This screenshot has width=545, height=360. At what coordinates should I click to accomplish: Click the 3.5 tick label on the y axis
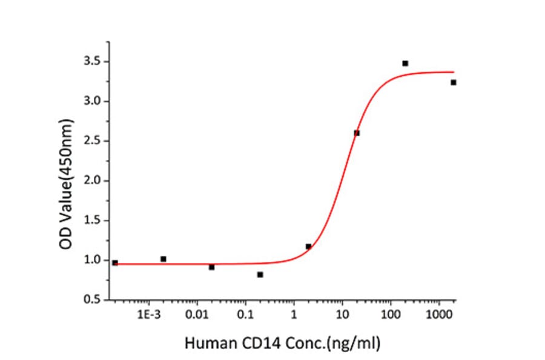click(92, 62)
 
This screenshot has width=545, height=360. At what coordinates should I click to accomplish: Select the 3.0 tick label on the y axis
click(92, 101)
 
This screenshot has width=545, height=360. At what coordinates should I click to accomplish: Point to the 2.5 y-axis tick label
click(92, 141)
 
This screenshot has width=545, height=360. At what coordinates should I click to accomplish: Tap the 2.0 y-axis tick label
click(92, 181)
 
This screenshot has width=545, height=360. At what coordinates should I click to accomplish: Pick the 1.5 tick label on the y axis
click(92, 221)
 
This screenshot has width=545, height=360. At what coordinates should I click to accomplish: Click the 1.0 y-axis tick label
click(92, 260)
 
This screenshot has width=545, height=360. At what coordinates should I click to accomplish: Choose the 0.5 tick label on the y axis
click(92, 300)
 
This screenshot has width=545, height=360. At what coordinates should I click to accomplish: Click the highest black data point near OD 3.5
click(405, 63)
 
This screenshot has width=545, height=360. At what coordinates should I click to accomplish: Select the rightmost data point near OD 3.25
click(453, 82)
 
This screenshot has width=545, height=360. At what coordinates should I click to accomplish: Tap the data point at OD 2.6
click(357, 133)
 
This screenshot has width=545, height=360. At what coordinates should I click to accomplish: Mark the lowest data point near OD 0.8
click(260, 275)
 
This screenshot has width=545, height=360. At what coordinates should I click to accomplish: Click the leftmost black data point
click(115, 262)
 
